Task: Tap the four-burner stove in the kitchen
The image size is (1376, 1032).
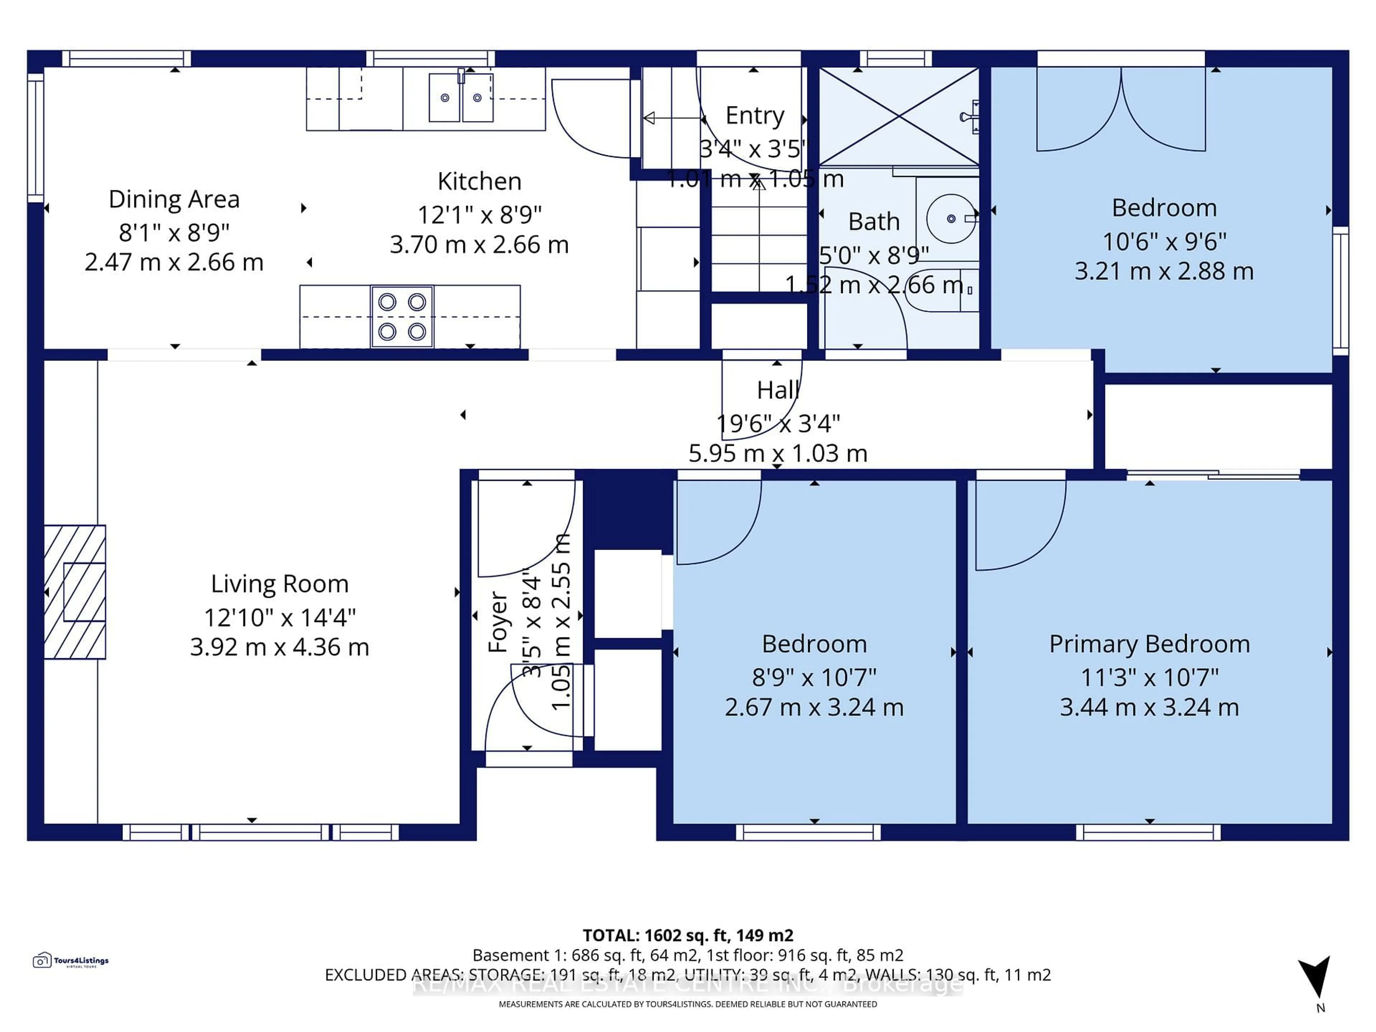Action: (x=402, y=317)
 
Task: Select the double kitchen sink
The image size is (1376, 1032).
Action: (x=461, y=98)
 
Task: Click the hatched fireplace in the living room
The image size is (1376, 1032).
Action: (x=75, y=592)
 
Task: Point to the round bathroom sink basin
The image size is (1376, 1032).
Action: (x=951, y=218)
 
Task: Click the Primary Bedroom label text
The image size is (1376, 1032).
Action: (x=1149, y=644)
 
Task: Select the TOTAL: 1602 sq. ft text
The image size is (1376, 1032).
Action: (x=687, y=935)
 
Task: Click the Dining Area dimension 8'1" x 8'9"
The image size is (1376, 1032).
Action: (x=174, y=233)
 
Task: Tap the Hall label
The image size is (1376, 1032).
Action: (x=778, y=390)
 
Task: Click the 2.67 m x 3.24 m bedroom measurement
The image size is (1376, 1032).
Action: (x=814, y=707)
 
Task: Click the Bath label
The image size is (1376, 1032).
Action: (x=874, y=221)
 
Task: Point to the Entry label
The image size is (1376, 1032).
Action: (x=755, y=116)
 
